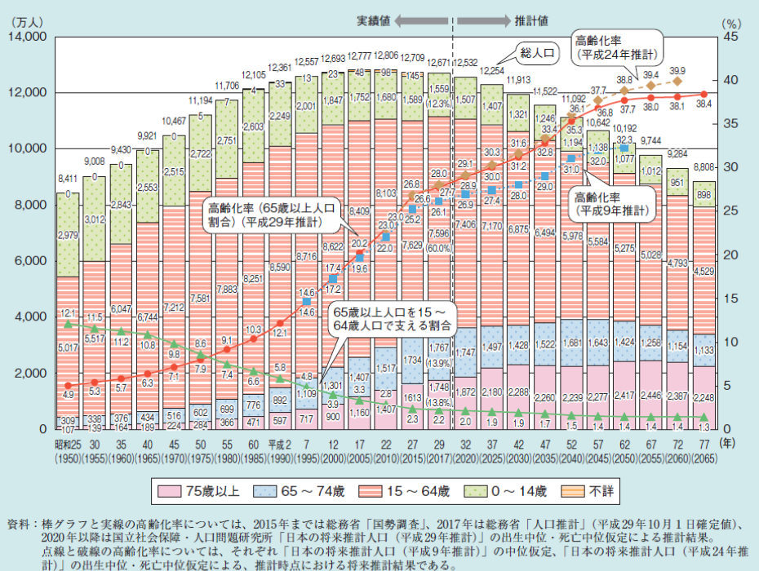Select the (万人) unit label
click(29, 23)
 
